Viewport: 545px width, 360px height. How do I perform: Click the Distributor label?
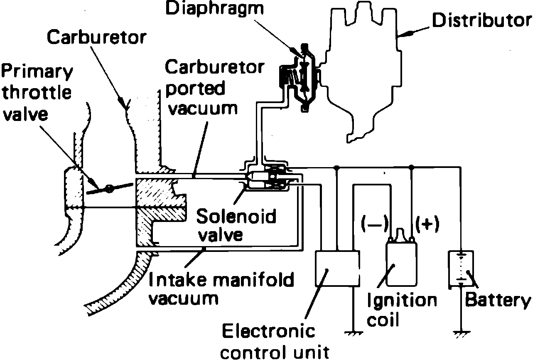pyautogui.click(x=481, y=20)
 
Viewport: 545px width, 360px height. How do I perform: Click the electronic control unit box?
pyautogui.click(x=338, y=269)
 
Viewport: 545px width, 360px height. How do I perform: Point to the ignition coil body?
pyautogui.click(x=402, y=264)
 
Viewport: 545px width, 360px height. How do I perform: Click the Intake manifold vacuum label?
pyautogui.click(x=221, y=288)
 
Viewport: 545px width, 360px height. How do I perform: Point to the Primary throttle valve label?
pyautogui.click(x=37, y=92)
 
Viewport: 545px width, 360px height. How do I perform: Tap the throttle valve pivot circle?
pyautogui.click(x=109, y=189)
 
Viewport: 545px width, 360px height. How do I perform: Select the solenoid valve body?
pyautogui.click(x=266, y=180)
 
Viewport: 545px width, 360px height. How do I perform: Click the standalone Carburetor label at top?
pyautogui.click(x=96, y=37)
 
